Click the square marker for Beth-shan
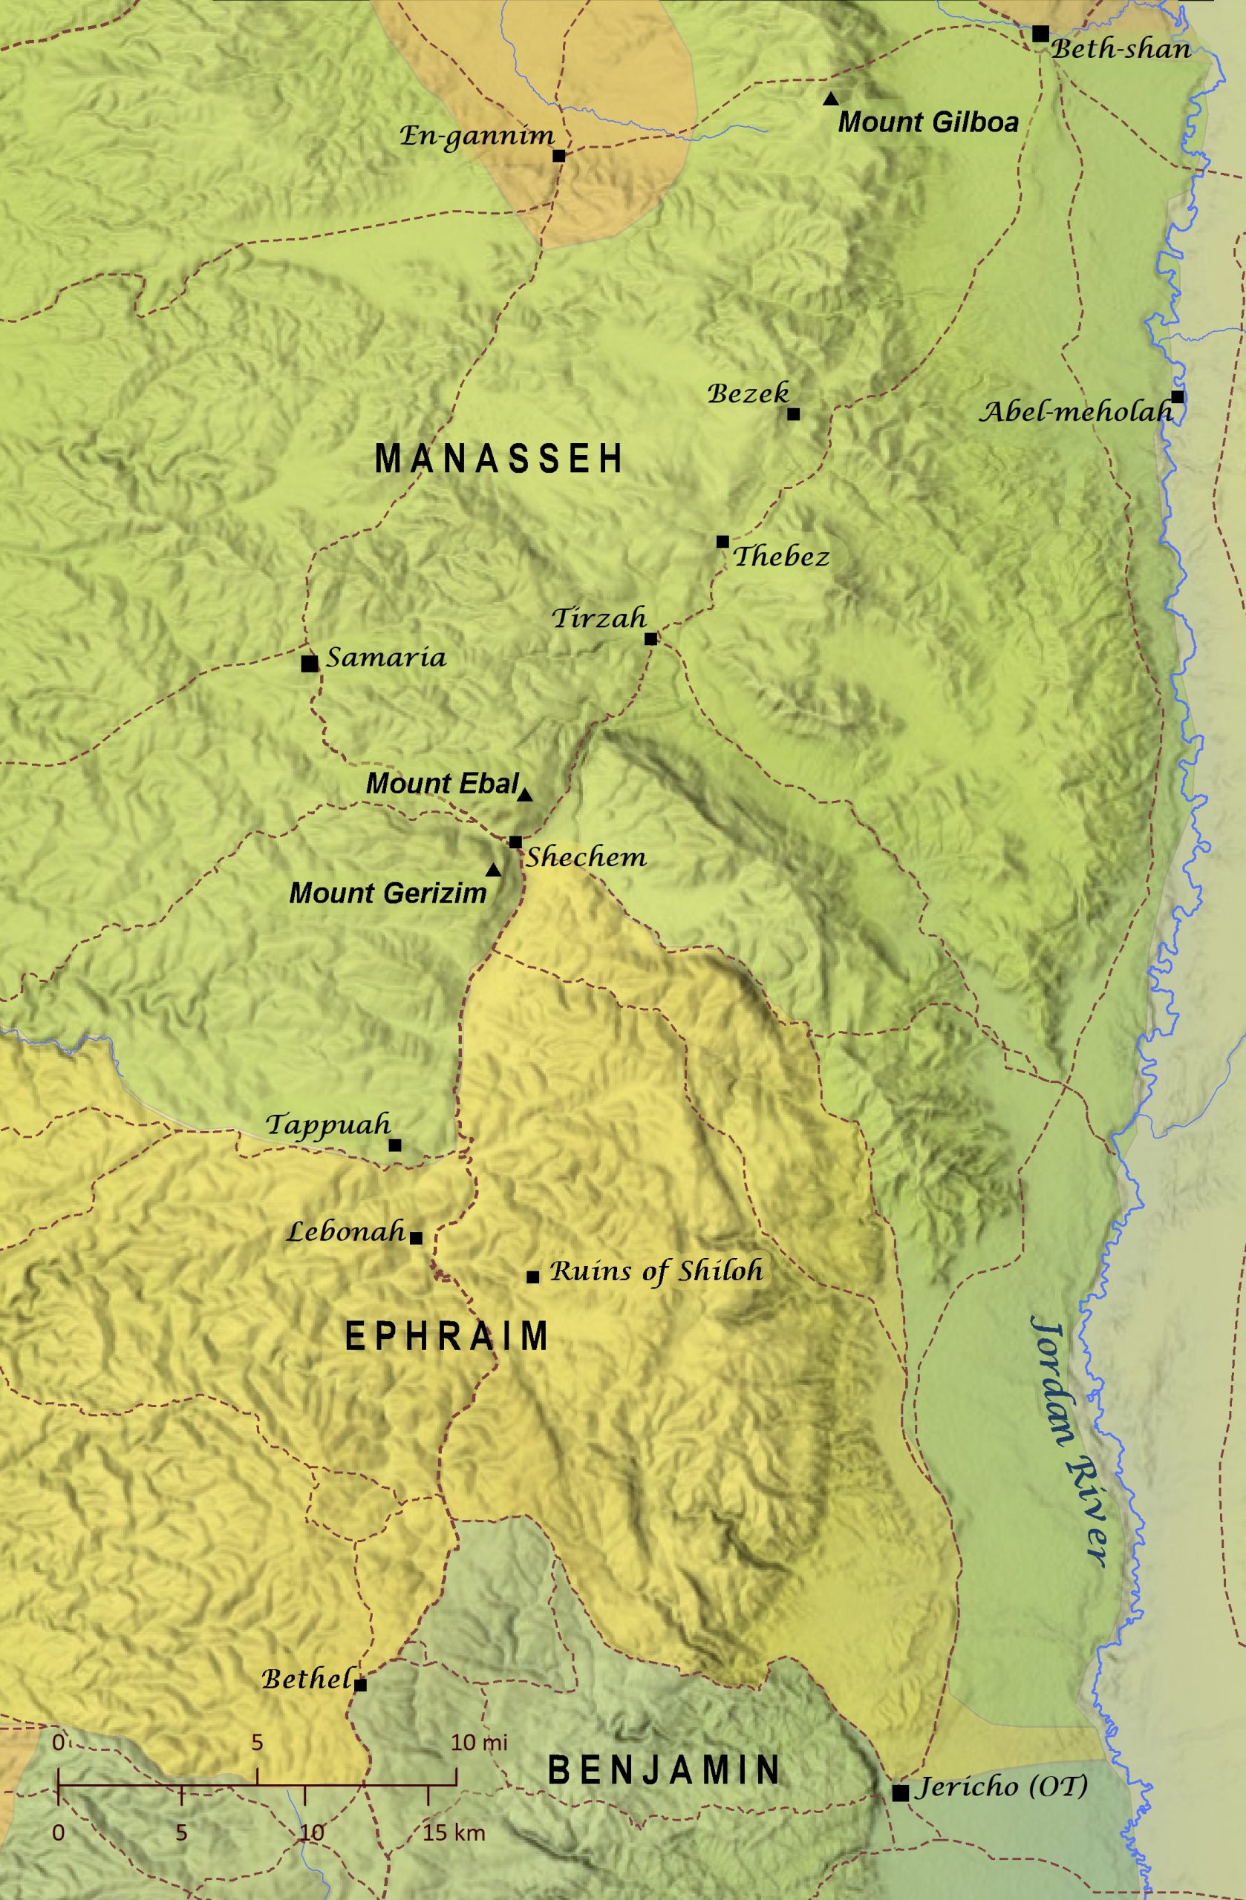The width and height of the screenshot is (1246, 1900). tap(1040, 33)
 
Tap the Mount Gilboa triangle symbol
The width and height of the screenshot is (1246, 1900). tap(831, 99)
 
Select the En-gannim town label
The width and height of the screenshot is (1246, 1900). tap(477, 136)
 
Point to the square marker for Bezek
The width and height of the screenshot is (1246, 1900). tap(793, 413)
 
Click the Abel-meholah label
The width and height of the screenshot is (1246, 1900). tap(1076, 412)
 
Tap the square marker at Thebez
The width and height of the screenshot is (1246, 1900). tap(723, 541)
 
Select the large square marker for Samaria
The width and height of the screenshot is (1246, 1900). tap(310, 663)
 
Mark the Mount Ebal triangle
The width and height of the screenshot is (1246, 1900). tap(525, 795)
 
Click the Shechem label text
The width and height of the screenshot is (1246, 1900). tap(585, 857)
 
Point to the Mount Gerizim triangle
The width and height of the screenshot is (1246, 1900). tap(494, 870)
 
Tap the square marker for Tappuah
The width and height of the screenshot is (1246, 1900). tap(394, 1144)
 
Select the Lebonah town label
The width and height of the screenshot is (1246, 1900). tap(346, 1232)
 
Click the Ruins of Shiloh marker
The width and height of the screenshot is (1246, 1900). tap(532, 1277)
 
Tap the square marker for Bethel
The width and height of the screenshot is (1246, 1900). tap(360, 1685)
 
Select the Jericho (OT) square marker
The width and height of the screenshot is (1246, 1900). tap(900, 1792)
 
